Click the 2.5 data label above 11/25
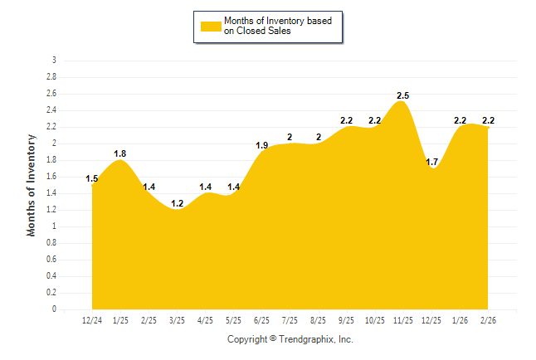tap(403, 96)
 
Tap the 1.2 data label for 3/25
tap(178, 203)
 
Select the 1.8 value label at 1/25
tap(120, 153)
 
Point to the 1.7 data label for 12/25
tap(431, 162)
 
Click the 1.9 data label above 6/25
tap(261, 145)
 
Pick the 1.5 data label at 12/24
tap(92, 178)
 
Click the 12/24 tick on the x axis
tap(92, 319)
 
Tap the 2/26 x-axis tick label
tap(488, 319)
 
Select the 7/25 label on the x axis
tap(290, 319)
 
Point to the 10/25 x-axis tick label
tap(375, 319)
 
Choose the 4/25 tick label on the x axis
tap(206, 319)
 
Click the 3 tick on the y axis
tap(54, 61)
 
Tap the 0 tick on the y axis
tap(54, 309)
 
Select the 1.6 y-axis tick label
tap(51, 177)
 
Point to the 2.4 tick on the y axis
tap(51, 110)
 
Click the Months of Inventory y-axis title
tap(32, 185)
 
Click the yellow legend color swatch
tap(211, 26)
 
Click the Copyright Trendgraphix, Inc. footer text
tap(290, 339)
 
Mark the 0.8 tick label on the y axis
tap(51, 243)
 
